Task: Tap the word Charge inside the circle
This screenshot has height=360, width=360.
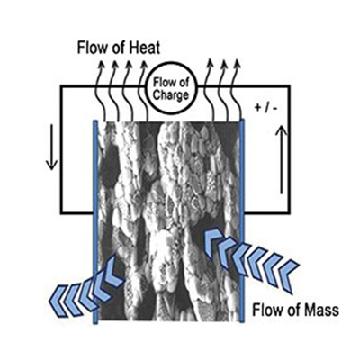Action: point(171,95)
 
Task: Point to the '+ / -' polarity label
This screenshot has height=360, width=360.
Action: point(266,108)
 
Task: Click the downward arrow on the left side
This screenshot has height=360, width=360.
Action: point(51,147)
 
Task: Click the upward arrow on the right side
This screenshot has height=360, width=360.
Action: point(281,160)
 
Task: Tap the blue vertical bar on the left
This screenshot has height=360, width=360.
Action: point(95,222)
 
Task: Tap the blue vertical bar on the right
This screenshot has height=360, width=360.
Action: point(242,220)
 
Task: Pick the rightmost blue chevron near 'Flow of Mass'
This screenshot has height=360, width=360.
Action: point(288,274)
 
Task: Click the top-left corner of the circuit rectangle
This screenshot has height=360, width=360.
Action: point(61,86)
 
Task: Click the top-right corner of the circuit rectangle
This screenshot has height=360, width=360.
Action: point(289,86)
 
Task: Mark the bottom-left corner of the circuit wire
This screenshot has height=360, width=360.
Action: point(61,213)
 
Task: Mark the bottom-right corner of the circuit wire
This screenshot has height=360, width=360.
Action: point(289,213)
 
